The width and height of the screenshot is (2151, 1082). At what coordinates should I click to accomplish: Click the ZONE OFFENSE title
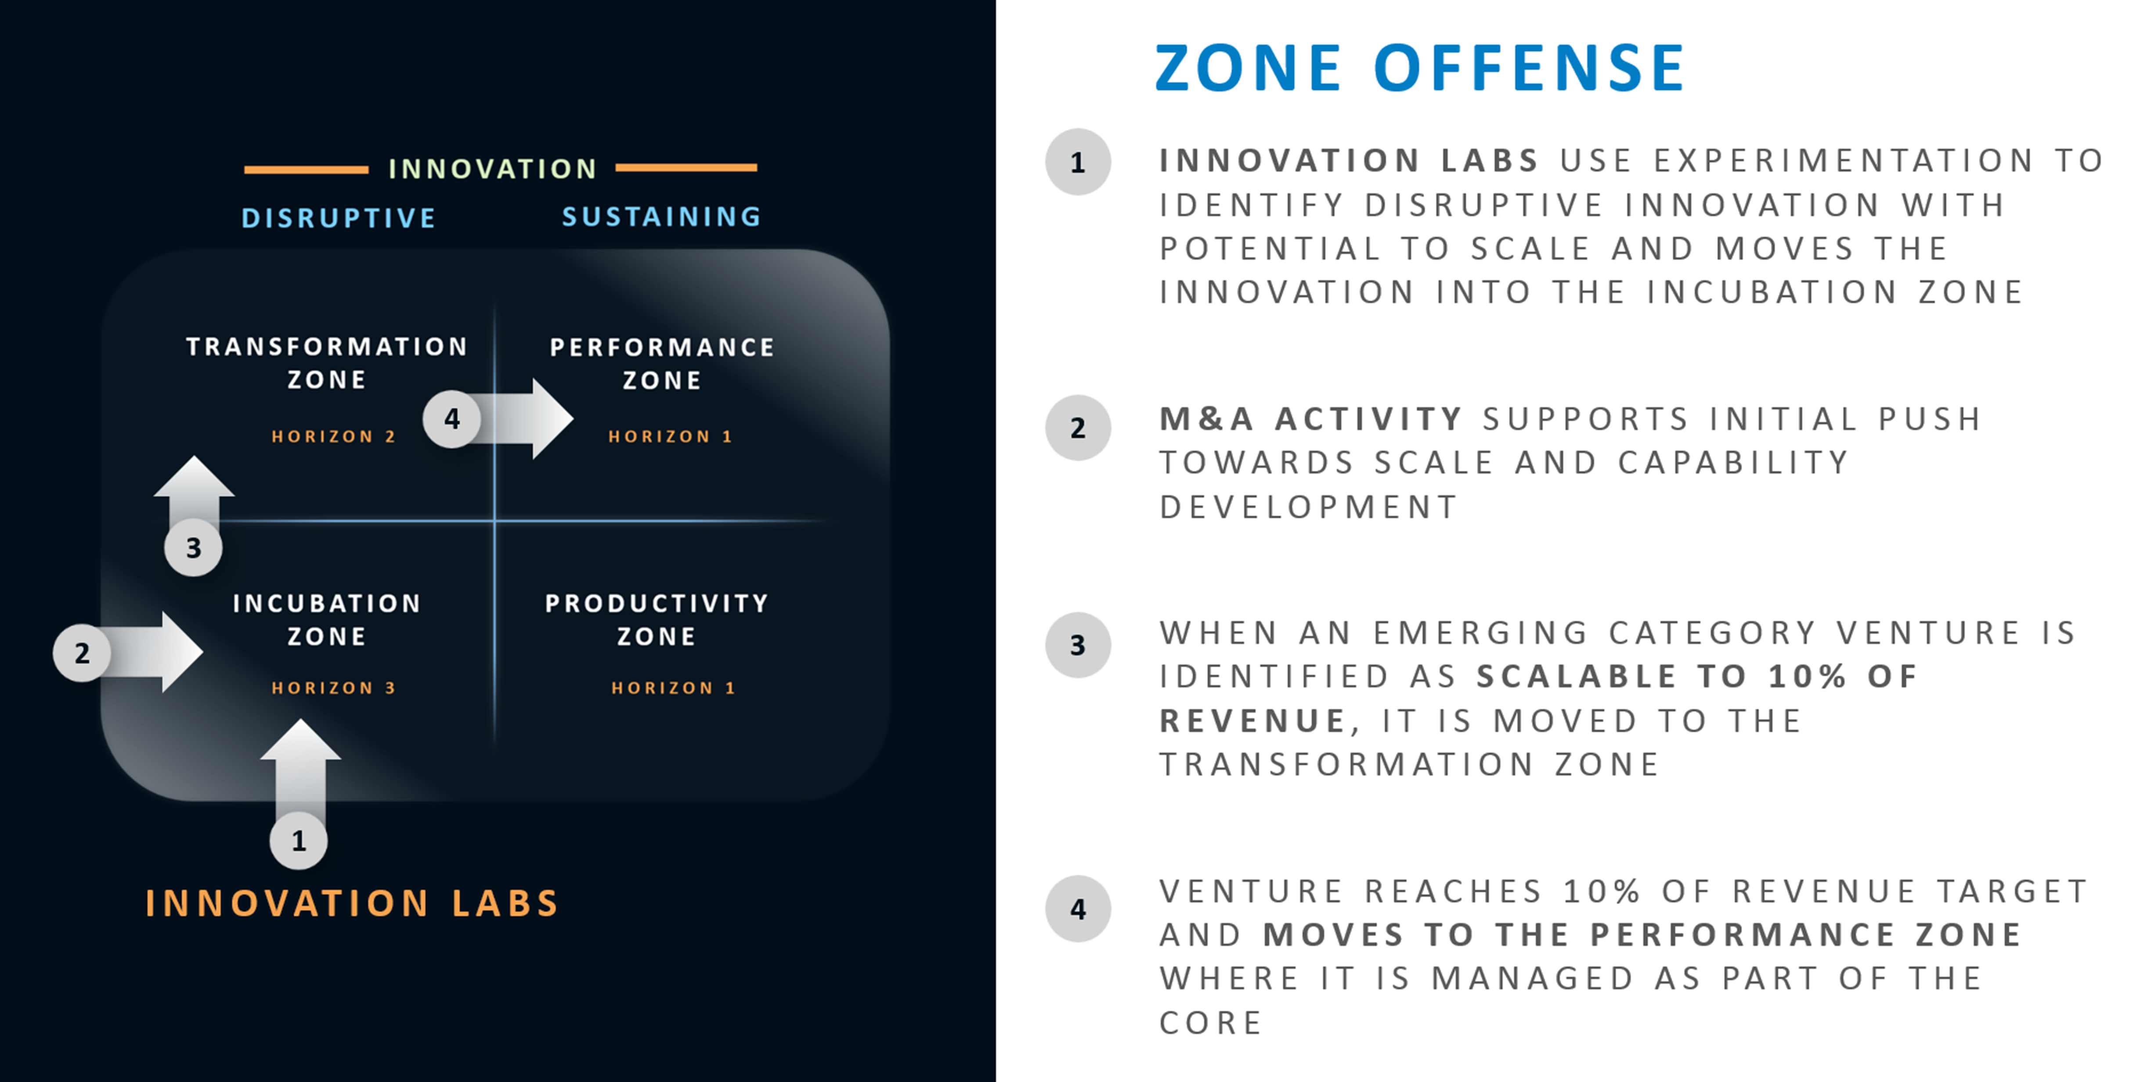pos(1419,69)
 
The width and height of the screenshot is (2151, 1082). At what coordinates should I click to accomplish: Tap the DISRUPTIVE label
pos(338,218)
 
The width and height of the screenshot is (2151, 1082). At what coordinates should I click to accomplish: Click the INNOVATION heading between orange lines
pos(493,169)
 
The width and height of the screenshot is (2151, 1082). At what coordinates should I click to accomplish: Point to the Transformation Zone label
pos(326,362)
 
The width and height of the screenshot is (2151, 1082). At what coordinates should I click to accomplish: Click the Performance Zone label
pos(661,363)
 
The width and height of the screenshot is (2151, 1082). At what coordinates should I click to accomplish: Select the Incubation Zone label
pos(326,620)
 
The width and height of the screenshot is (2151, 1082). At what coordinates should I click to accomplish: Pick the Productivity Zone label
pos(656,620)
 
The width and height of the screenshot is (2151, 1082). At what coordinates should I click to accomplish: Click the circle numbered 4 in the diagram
pos(452,418)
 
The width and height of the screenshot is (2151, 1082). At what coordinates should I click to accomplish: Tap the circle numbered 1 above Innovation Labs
pos(298,841)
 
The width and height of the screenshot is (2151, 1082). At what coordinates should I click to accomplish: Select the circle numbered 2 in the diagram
pos(82,653)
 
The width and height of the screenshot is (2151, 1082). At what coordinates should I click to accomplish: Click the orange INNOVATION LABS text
pos(351,903)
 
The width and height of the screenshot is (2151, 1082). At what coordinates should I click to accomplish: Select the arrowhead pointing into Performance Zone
pos(551,418)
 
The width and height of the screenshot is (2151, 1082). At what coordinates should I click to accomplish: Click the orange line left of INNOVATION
pos(306,170)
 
